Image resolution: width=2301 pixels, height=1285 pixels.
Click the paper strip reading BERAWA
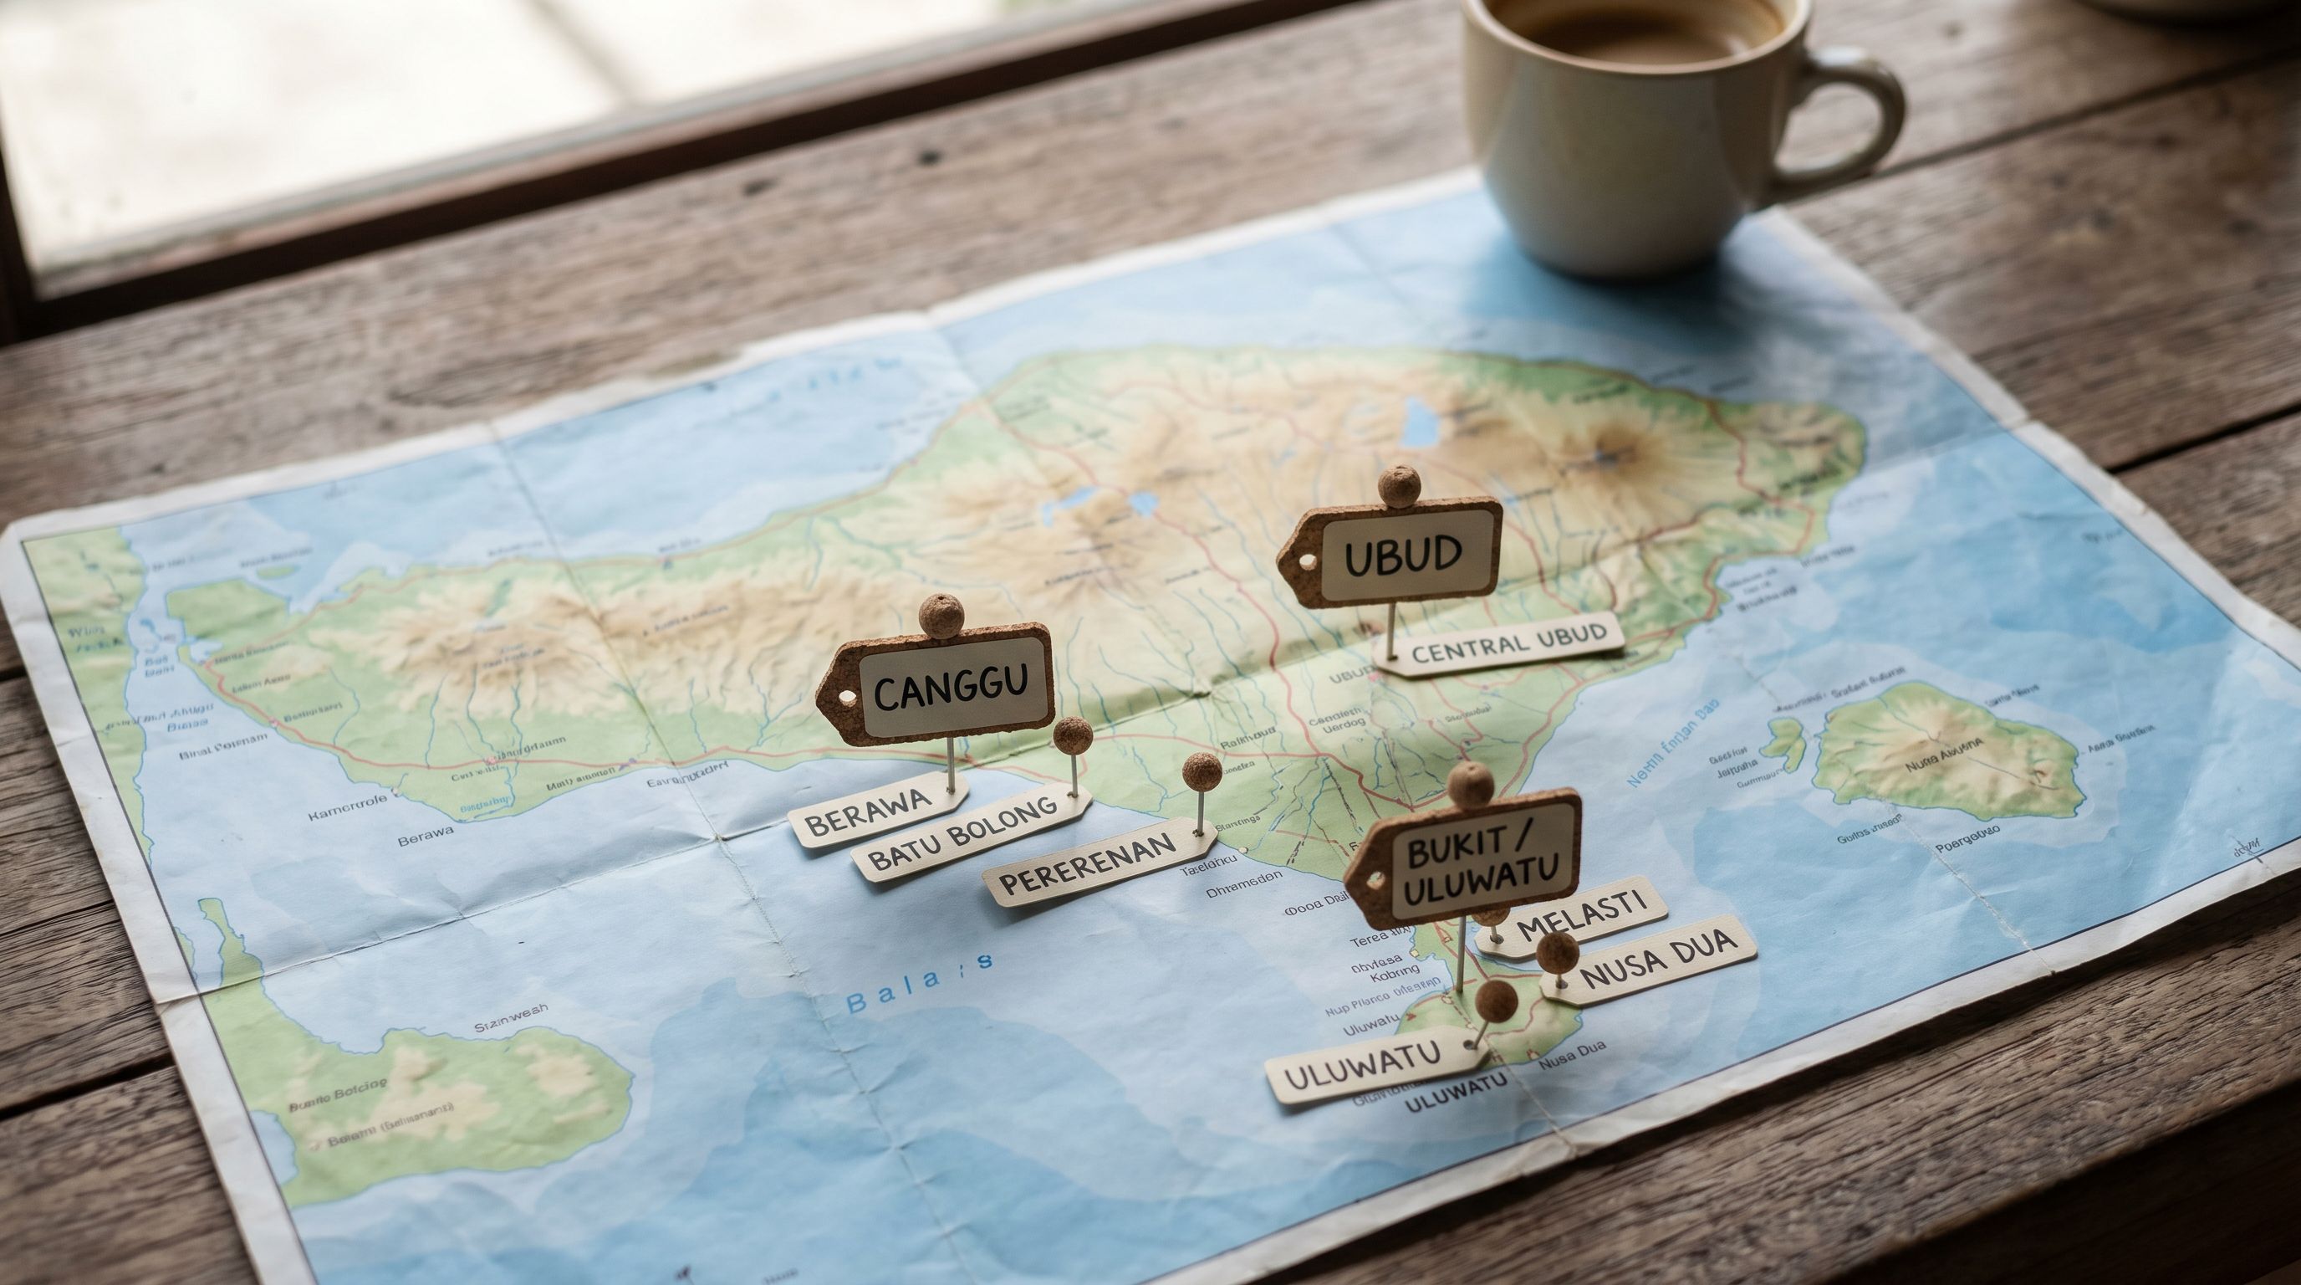pos(862,812)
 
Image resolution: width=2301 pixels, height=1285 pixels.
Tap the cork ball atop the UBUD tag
pos(1398,486)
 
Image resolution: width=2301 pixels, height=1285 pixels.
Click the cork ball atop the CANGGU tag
pos(941,616)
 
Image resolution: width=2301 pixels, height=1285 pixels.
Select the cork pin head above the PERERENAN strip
pos(1202,770)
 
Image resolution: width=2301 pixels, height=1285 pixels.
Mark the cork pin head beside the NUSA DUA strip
pos(1557,953)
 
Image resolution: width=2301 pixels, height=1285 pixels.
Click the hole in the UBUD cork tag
pos(1309,561)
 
